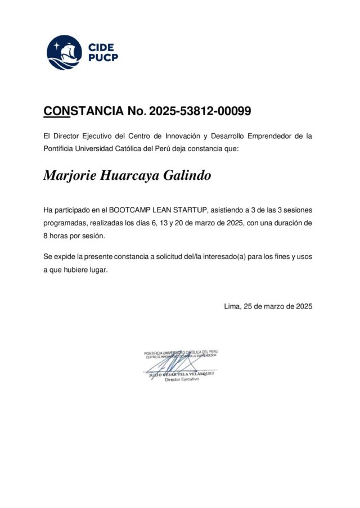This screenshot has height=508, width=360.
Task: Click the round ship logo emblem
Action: pyautogui.click(x=64, y=52)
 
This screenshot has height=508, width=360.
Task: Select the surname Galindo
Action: pyautogui.click(x=187, y=176)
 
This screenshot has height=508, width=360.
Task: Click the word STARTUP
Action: pyautogui.click(x=192, y=210)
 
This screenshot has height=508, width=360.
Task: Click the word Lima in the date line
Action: pyautogui.click(x=232, y=306)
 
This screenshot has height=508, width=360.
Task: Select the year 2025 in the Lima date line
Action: pyautogui.click(x=302, y=306)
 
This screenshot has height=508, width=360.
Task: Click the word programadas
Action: pyautogui.click(x=65, y=223)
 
